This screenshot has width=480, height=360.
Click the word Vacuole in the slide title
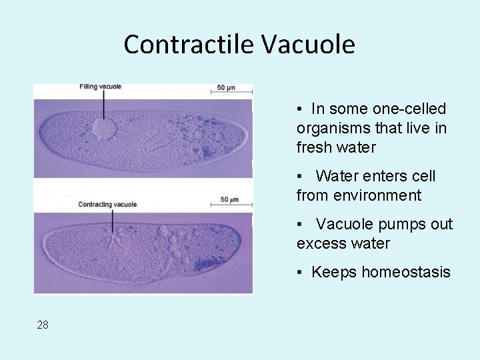(308, 45)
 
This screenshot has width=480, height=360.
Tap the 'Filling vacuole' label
(100, 87)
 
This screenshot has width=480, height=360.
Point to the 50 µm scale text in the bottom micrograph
(229, 199)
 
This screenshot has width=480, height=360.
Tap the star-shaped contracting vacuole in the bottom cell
(113, 236)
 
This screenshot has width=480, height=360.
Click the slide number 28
(43, 325)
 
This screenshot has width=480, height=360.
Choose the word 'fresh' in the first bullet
(317, 147)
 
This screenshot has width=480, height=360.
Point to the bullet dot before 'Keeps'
(301, 272)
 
